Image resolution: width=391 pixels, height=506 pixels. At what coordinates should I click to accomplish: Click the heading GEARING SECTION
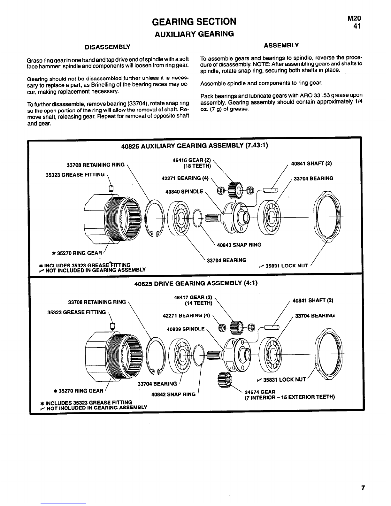pos(194,22)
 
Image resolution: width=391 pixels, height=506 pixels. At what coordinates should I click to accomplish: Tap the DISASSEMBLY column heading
pos(108,47)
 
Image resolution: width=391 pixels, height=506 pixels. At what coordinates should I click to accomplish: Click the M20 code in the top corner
pos(354,19)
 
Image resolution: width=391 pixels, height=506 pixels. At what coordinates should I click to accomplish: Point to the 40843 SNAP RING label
pos(239,245)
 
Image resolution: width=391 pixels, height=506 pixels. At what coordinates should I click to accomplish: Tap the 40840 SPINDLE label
pos(184,192)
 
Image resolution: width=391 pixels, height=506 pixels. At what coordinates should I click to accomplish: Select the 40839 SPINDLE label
pos(186,329)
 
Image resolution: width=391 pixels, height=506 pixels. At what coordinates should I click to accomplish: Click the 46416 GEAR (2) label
pos(191,160)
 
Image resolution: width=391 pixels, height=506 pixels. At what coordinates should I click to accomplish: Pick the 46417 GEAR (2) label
pos(193,297)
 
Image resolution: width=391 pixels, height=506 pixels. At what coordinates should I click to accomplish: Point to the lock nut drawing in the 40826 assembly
pos(327,217)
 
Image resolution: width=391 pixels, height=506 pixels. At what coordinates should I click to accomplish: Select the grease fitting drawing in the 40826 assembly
pos(111,188)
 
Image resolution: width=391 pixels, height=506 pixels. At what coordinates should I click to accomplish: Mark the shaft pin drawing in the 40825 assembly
pos(272,327)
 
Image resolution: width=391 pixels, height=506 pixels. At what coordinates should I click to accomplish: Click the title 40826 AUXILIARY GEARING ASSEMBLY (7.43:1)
pos(195,146)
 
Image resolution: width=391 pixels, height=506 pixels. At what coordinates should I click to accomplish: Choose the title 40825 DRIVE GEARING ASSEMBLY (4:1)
pos(196,283)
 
